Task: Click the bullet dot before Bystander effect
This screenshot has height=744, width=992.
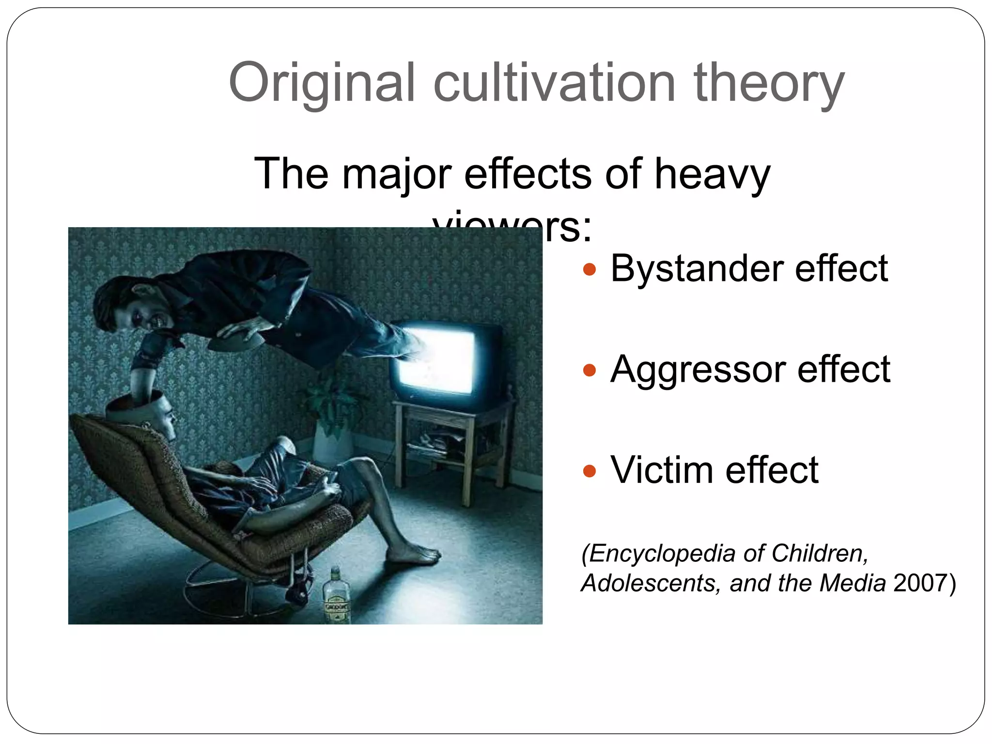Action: [589, 269]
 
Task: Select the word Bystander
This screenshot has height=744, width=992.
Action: [697, 269]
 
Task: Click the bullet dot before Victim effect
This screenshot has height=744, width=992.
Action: [589, 470]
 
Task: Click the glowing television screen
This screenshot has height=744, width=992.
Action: [436, 361]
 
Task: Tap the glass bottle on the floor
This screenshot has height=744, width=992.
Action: [336, 596]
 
